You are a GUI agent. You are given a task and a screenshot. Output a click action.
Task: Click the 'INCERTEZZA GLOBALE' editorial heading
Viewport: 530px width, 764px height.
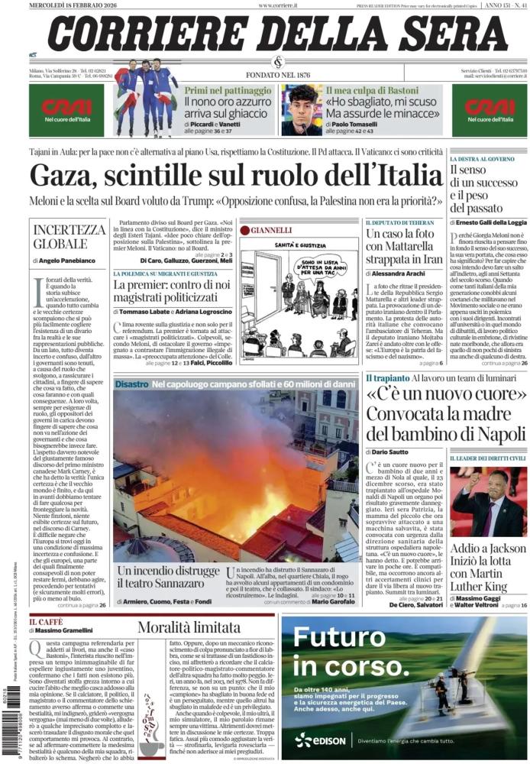(x=69, y=237)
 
